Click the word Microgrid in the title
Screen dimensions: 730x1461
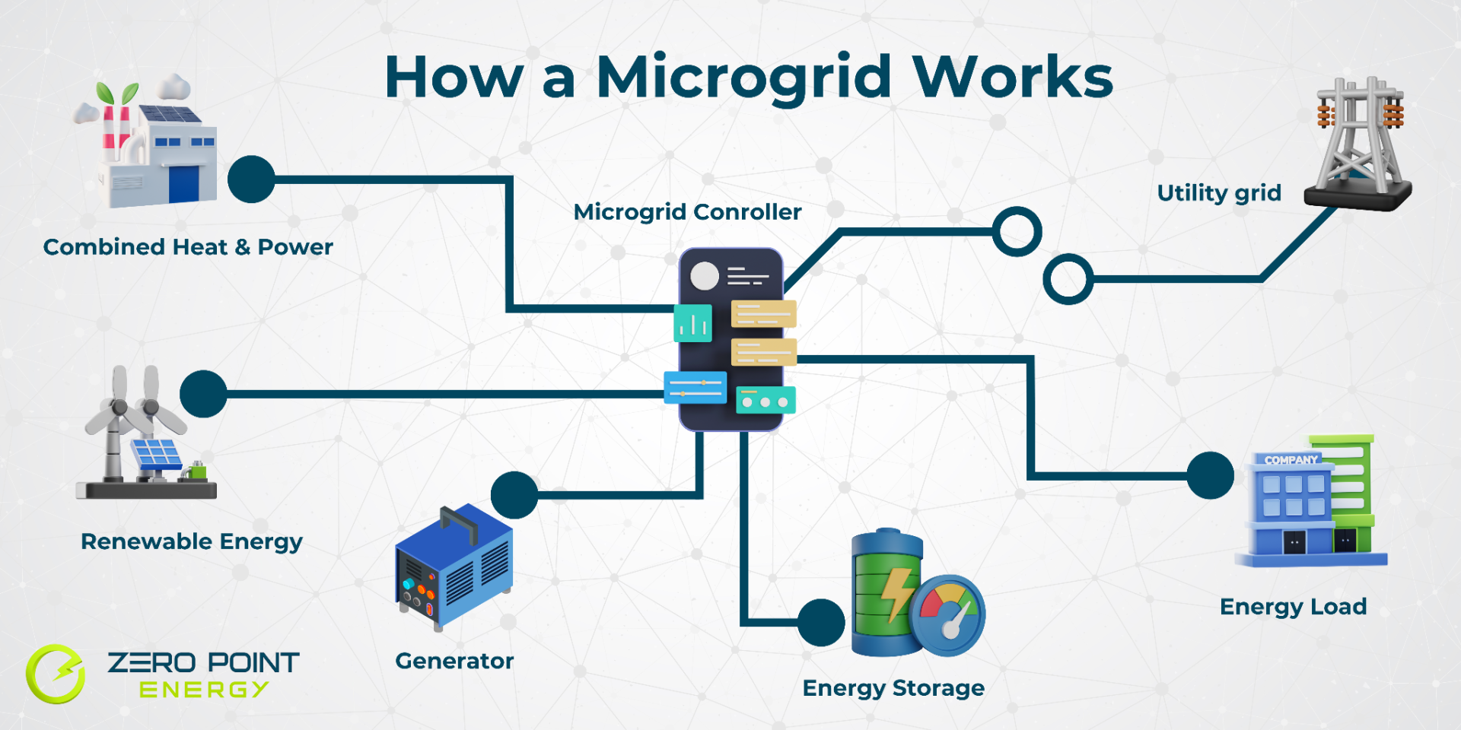click(743, 78)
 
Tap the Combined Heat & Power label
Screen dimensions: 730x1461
click(188, 247)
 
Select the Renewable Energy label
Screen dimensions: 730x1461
click(192, 541)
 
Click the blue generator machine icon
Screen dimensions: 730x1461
click(454, 567)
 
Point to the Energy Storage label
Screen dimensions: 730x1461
click(893, 688)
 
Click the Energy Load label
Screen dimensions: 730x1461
click(1293, 607)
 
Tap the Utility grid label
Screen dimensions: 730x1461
click(1219, 193)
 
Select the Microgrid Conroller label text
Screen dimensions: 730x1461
click(687, 212)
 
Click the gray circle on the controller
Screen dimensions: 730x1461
click(705, 276)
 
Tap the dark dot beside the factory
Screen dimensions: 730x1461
click(251, 179)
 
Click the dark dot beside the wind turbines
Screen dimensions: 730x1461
click(203, 394)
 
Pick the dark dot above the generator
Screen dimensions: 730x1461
click(514, 495)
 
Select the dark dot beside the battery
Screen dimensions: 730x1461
click(821, 623)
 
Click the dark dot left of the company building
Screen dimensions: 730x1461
click(1210, 475)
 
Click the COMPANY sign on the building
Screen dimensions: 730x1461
click(1291, 460)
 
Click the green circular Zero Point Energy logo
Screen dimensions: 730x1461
click(56, 674)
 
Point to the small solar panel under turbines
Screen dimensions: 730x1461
click(157, 455)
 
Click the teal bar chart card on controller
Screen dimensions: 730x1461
click(692, 323)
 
